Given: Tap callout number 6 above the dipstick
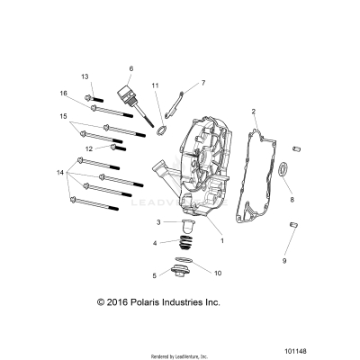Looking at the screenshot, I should point(130,68).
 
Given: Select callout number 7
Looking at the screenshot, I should point(202,83).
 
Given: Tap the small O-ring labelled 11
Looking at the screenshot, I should point(160,131).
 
